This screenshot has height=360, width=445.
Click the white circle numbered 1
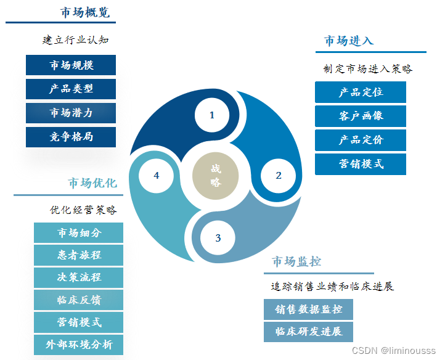point(212,115)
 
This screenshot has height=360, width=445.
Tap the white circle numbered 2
point(278,176)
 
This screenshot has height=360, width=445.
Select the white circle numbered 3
point(218,238)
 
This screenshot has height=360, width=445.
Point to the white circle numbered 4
point(157,176)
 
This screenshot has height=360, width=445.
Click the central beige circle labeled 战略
point(215,175)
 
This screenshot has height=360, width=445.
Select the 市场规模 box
point(71,65)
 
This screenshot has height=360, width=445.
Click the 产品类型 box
point(71,89)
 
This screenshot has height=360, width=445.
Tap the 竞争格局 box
point(71,137)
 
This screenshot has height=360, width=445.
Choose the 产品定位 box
point(361,92)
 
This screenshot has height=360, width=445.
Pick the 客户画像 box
point(361,117)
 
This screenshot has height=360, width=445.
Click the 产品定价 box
point(361,140)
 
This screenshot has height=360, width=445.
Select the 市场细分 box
point(79,233)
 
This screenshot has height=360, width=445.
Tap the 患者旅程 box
point(79,255)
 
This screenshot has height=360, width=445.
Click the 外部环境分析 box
point(79,344)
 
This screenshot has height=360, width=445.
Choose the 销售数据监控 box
point(309,309)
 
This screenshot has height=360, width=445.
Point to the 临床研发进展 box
point(309,332)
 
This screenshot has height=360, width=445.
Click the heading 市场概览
point(85,13)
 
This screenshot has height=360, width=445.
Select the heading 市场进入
point(349,41)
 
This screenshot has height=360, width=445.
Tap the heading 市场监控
point(296,262)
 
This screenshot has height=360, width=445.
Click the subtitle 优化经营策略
point(83,210)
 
